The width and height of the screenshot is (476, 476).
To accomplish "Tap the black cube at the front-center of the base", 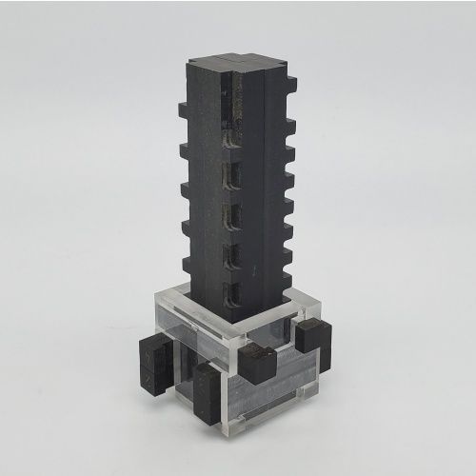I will tap(256, 362).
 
